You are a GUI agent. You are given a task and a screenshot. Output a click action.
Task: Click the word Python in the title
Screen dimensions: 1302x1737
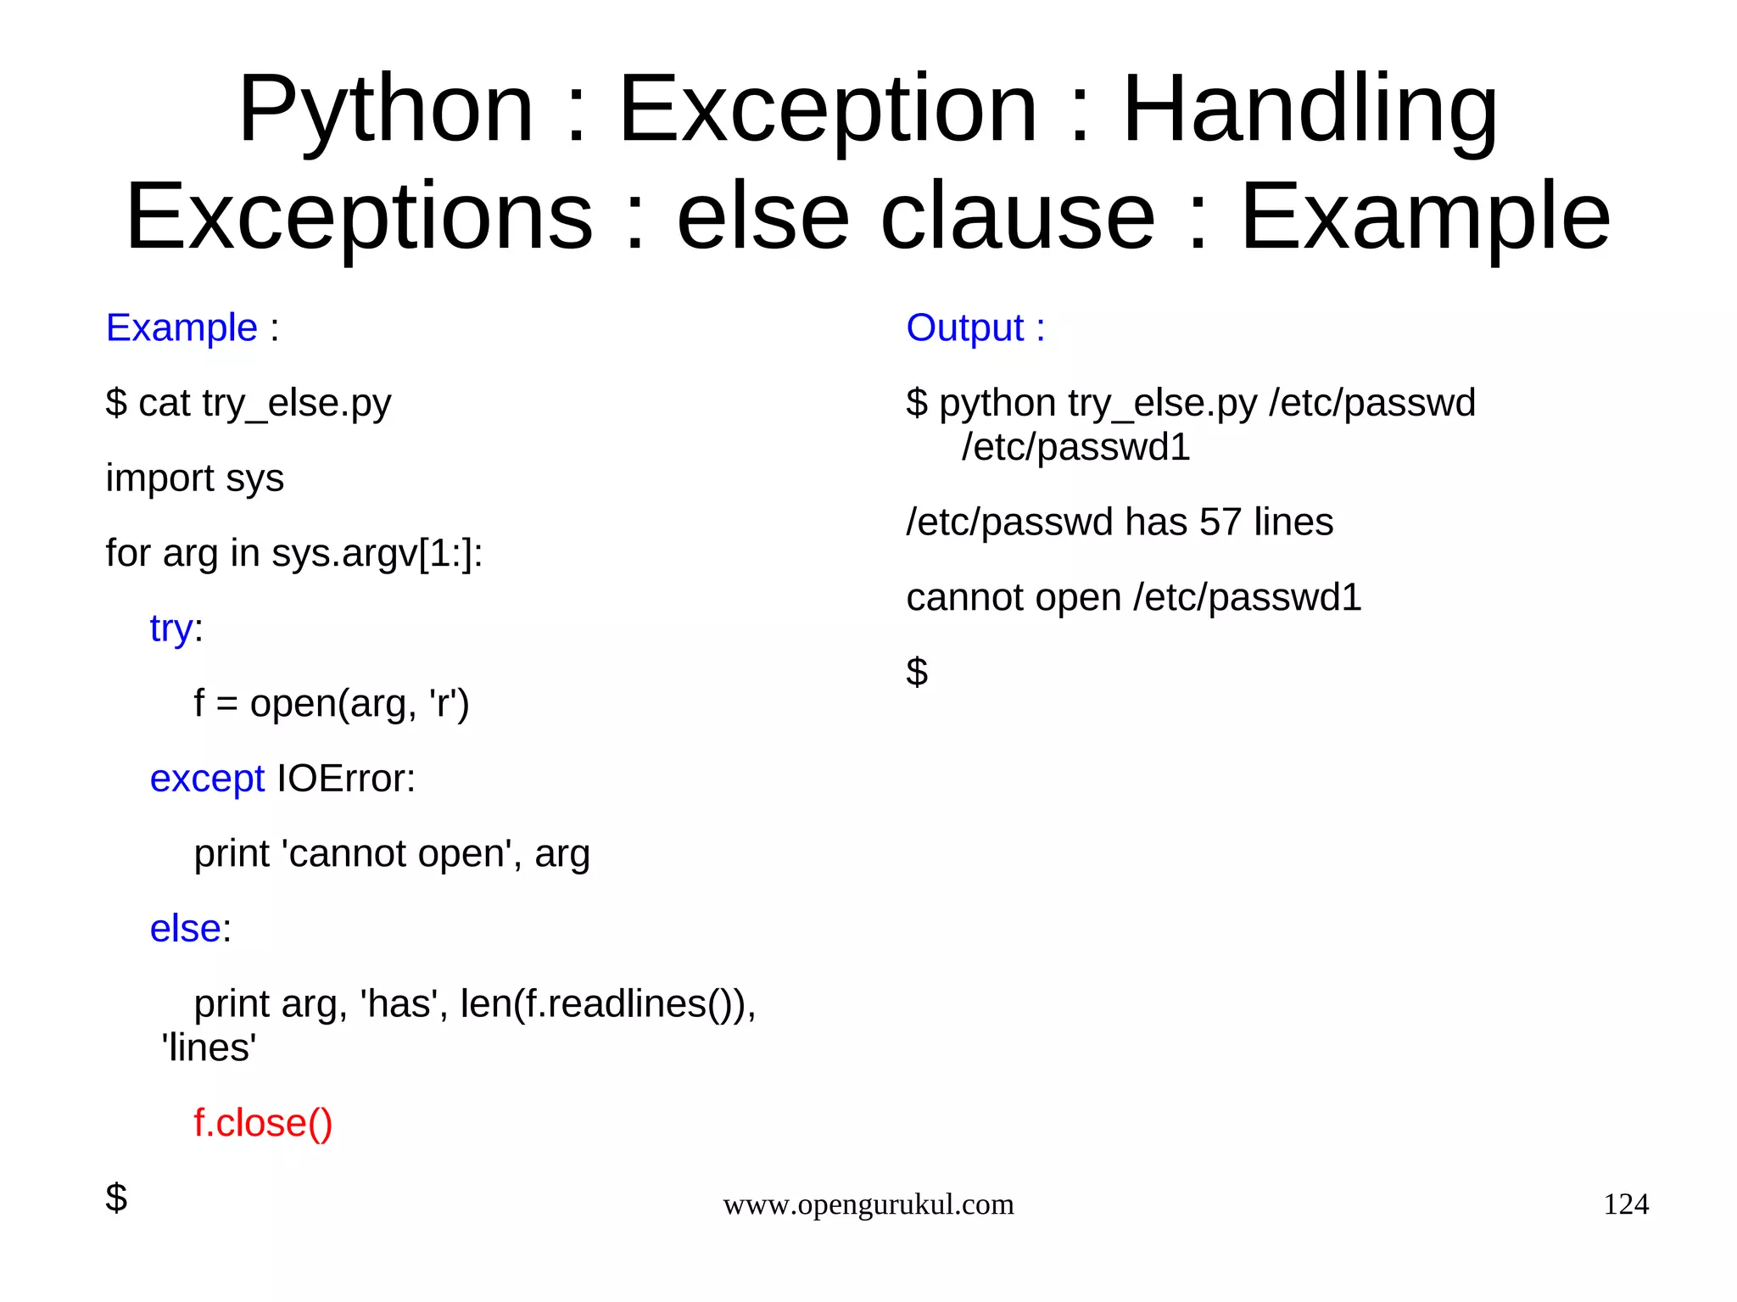pos(386,110)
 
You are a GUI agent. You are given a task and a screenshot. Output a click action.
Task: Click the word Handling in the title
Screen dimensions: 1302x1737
pos(1310,110)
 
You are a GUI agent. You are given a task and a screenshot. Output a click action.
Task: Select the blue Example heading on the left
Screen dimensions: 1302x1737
pos(182,327)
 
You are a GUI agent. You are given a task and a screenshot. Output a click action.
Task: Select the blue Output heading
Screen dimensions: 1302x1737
pos(965,327)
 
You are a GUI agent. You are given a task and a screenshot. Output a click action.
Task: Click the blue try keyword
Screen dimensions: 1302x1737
pos(171,629)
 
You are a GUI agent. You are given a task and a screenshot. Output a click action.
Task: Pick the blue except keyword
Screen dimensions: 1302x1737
pos(207,779)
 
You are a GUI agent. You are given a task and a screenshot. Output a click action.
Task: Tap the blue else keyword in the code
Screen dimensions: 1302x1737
pos(185,929)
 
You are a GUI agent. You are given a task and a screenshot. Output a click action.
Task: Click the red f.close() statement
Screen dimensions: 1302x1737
pos(263,1123)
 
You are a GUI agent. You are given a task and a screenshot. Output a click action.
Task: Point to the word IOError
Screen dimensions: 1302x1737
pos(346,779)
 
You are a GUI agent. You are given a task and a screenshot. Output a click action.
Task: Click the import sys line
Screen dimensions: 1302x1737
pos(194,478)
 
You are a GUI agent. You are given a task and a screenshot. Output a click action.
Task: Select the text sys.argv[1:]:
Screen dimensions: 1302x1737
pos(377,554)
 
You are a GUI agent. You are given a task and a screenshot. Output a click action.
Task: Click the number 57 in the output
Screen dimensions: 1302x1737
pos(1220,522)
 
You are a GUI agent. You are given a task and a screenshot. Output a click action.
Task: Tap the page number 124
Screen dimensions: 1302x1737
pos(1625,1204)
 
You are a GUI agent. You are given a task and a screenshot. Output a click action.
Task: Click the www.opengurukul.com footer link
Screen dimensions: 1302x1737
pos(868,1204)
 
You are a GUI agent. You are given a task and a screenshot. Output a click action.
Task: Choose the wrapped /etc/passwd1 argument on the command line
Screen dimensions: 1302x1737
pos(1075,447)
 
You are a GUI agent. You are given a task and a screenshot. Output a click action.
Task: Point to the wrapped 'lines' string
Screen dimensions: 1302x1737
pos(209,1048)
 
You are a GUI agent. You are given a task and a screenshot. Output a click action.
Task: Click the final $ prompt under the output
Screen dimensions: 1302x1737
pos(917,672)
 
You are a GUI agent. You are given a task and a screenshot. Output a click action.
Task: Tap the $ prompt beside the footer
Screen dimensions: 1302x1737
pos(116,1198)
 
